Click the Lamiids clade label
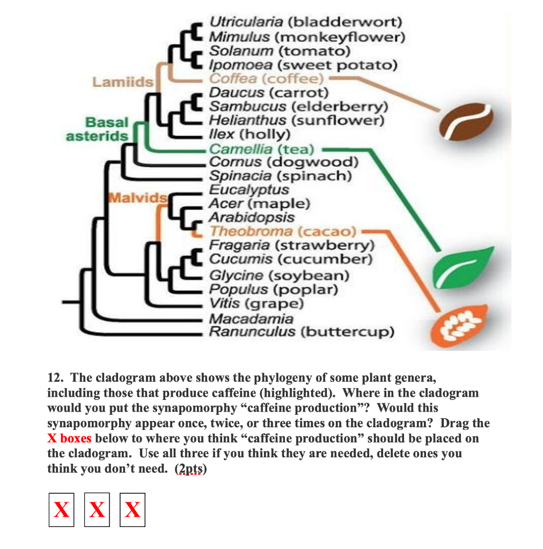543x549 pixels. [x=123, y=82]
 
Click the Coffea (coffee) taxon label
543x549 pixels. [x=267, y=79]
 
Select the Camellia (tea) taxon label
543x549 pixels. [x=262, y=149]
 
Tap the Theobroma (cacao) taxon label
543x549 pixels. [x=283, y=232]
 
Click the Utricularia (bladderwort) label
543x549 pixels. [x=305, y=23]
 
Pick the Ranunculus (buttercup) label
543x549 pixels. [x=301, y=332]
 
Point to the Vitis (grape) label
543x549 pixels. [x=256, y=304]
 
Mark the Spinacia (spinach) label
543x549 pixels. [x=280, y=176]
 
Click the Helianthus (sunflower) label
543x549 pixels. [x=297, y=120]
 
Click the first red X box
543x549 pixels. [x=61, y=509]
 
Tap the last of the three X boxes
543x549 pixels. [x=132, y=509]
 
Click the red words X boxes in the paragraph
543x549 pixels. [x=69, y=439]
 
